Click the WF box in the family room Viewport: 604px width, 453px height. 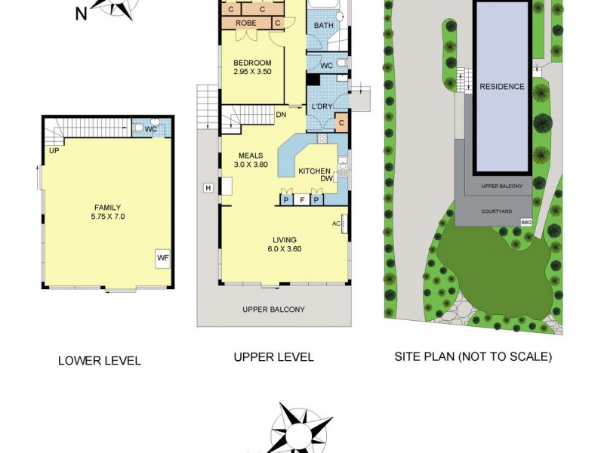click(162, 258)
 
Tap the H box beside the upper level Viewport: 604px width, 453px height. click(207, 188)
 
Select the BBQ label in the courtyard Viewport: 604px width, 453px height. click(526, 221)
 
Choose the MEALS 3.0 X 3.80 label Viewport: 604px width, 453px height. click(250, 160)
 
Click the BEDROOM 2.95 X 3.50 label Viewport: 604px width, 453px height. click(251, 67)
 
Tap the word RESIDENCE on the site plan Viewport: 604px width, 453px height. click(501, 87)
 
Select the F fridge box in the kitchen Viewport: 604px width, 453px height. click(302, 199)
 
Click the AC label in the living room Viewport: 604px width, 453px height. click(336, 223)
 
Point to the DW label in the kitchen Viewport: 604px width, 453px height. click(326, 179)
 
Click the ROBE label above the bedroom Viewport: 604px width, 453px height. click(245, 23)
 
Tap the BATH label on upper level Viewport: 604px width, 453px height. click(323, 26)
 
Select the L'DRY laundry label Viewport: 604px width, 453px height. click(322, 106)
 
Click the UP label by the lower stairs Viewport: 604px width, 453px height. click(54, 150)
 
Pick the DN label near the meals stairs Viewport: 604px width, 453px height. click(280, 116)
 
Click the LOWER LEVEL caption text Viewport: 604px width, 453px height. click(99, 361)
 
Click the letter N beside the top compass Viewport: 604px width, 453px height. click(81, 13)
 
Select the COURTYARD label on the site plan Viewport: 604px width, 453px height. click(496, 211)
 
